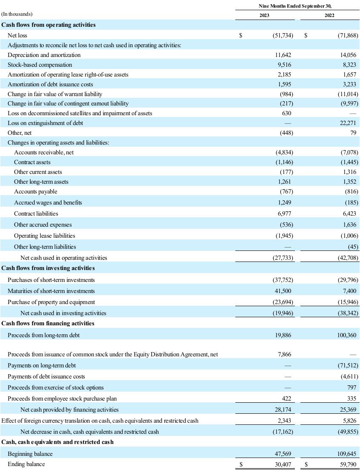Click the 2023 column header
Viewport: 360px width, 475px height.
(x=264, y=15)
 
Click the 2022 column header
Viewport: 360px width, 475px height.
(x=329, y=15)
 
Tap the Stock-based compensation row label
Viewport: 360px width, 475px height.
(x=40, y=65)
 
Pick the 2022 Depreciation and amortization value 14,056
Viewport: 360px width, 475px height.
(x=349, y=55)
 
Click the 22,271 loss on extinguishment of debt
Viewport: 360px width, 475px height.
(x=349, y=123)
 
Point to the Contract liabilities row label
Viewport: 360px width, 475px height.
(x=36, y=213)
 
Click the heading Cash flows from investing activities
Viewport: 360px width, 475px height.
(x=48, y=268)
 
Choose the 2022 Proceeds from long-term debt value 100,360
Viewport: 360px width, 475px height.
(x=347, y=335)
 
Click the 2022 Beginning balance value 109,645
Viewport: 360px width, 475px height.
(x=347, y=454)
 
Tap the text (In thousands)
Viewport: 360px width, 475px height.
(x=17, y=14)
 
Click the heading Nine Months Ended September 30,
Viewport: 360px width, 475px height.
(x=295, y=6)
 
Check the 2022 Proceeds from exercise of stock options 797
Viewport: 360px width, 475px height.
(x=352, y=387)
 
